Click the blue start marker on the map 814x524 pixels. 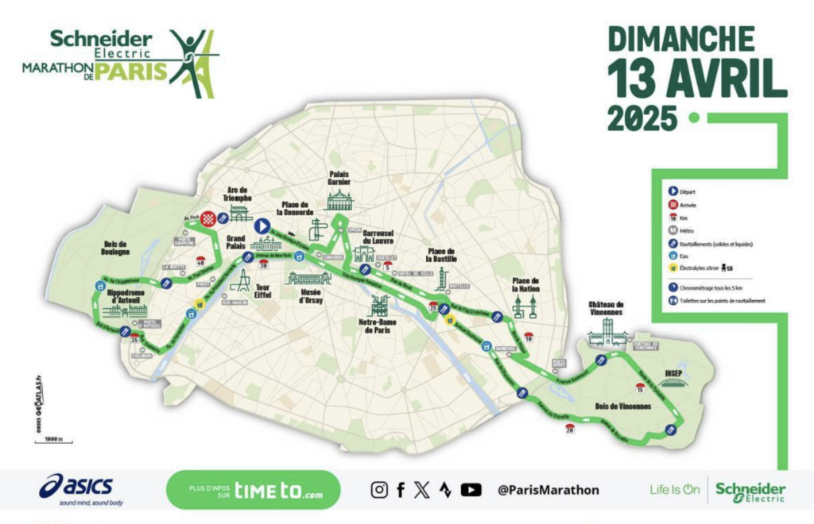(x=261, y=226)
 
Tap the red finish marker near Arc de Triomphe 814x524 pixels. (x=208, y=218)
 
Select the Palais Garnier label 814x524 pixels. (x=339, y=179)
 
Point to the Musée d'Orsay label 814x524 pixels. (x=310, y=296)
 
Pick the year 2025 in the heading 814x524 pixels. (x=642, y=118)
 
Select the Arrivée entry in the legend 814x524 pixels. (x=691, y=204)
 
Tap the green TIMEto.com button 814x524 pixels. (x=253, y=490)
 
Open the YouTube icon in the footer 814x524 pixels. (x=471, y=490)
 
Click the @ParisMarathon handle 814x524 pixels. (x=548, y=490)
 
